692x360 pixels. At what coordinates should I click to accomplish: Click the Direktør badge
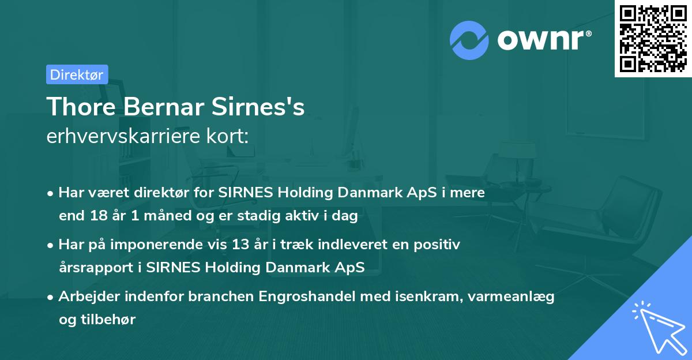(x=77, y=74)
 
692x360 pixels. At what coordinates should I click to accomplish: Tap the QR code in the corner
(x=653, y=38)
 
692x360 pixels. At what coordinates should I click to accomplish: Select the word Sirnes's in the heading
(x=265, y=107)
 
